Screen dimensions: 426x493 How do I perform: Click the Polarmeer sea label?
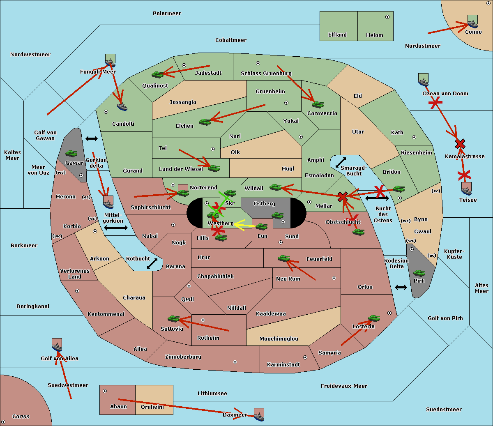click(167, 14)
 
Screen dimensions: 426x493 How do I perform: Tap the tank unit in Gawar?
click(71, 154)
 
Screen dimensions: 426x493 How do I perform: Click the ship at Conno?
click(472, 22)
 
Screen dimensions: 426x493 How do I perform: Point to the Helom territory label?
click(374, 35)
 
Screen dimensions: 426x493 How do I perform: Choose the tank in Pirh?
click(419, 273)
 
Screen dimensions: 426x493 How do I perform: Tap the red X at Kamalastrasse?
click(460, 144)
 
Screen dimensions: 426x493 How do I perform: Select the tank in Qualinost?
click(158, 74)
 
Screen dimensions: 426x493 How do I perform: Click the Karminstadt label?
click(283, 365)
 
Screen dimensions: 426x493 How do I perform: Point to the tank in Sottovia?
click(174, 319)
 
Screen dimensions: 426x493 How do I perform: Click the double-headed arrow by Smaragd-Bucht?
click(341, 163)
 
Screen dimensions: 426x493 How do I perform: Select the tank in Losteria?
click(374, 318)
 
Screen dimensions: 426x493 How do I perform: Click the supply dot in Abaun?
click(105, 391)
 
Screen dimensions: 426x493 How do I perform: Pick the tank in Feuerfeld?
click(283, 258)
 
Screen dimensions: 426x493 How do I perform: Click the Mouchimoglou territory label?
click(279, 339)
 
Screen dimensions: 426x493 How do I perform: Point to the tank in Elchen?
click(205, 122)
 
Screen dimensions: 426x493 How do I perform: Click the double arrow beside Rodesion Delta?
click(401, 287)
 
